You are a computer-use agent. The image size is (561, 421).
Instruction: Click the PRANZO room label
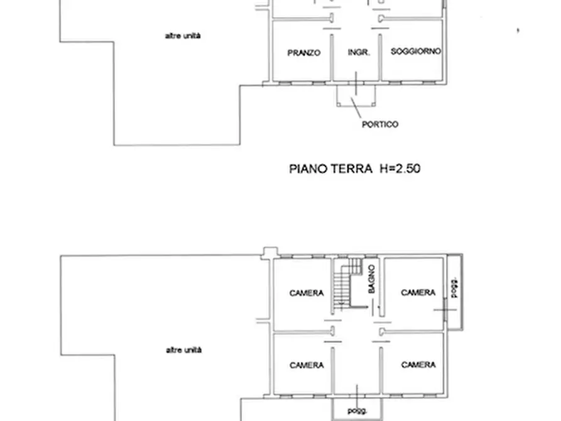click(x=304, y=53)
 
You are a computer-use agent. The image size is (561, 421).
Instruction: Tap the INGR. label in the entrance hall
click(x=359, y=53)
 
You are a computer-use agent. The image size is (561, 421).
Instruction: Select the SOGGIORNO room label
click(x=416, y=52)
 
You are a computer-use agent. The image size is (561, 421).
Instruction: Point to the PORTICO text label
click(x=380, y=124)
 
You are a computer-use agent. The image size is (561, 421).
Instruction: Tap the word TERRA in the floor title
click(x=347, y=168)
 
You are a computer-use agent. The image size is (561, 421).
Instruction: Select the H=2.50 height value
click(x=398, y=168)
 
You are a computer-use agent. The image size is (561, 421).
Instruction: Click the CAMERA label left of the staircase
click(x=307, y=293)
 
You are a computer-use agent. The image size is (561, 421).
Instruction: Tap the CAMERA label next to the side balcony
click(x=418, y=292)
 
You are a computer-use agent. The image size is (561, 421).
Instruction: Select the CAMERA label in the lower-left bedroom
click(x=307, y=365)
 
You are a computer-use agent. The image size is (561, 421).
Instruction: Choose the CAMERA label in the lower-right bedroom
click(x=418, y=364)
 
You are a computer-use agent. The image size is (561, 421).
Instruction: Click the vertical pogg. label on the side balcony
click(x=454, y=288)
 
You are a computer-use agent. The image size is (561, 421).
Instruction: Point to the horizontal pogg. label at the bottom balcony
click(x=356, y=410)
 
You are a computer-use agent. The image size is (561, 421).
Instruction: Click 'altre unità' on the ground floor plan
click(x=183, y=36)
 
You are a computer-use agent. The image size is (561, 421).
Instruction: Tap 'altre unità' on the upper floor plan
click(x=183, y=350)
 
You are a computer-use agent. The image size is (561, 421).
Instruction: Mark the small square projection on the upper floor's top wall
click(x=270, y=253)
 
